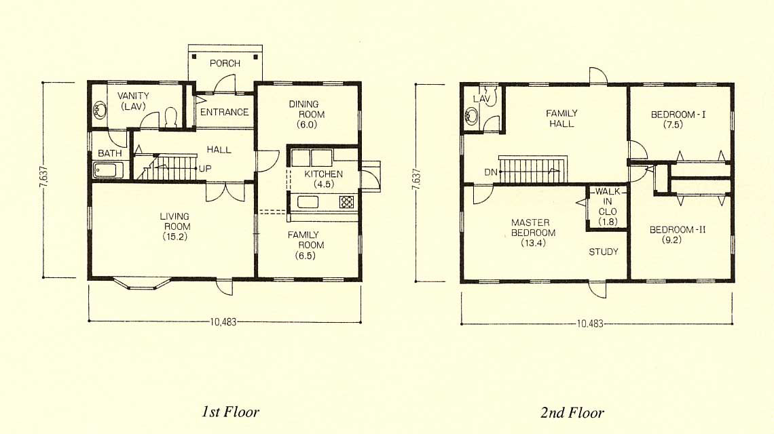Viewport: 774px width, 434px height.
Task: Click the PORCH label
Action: coord(225,63)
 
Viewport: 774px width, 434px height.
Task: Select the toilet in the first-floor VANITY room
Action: coord(171,117)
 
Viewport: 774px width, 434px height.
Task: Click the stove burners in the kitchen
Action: coord(346,201)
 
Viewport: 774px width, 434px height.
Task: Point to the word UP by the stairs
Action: coord(205,169)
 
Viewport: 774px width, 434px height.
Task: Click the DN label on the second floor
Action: coord(491,172)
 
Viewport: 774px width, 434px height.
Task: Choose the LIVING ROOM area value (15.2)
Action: coord(174,237)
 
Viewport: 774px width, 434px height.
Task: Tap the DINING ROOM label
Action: coord(306,109)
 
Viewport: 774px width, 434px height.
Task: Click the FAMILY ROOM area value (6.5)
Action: coord(306,256)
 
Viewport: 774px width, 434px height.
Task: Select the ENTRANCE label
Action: coord(224,112)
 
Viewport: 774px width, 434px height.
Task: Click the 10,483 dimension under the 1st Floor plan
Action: coord(223,322)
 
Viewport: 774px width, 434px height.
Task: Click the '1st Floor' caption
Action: coord(230,412)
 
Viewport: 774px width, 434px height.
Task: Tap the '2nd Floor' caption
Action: coord(572,412)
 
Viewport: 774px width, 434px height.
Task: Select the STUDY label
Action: coord(603,252)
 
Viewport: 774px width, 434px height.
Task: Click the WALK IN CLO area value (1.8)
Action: coord(608,222)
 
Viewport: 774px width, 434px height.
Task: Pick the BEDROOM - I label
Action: coord(678,115)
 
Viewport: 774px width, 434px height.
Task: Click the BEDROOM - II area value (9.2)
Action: coord(672,240)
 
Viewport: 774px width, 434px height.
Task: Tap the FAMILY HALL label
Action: coord(561,119)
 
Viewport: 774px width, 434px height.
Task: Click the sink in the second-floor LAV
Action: coord(469,117)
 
